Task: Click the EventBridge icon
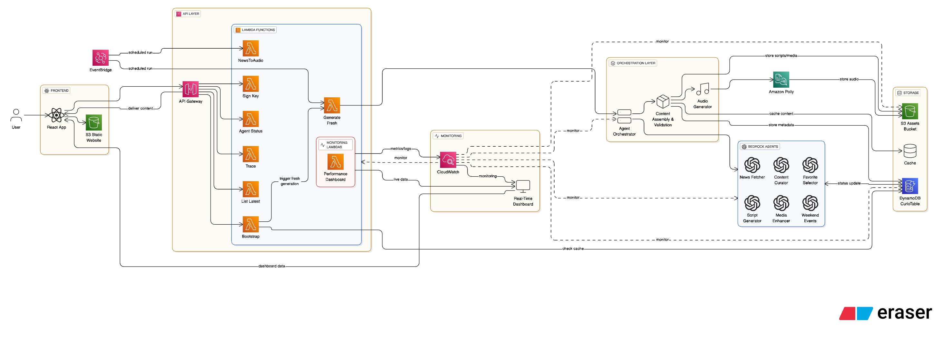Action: pyautogui.click(x=101, y=58)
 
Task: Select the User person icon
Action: pyautogui.click(x=16, y=115)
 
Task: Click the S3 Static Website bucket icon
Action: pyautogui.click(x=93, y=123)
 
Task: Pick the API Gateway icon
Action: pyautogui.click(x=191, y=89)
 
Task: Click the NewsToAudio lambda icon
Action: pyautogui.click(x=251, y=48)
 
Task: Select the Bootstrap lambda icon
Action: pyautogui.click(x=251, y=224)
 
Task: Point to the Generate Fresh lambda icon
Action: pyautogui.click(x=332, y=106)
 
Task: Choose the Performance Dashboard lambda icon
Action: pyautogui.click(x=335, y=162)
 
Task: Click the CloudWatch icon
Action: pyautogui.click(x=448, y=160)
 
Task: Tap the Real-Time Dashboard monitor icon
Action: pyautogui.click(x=523, y=186)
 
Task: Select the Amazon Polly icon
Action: pyautogui.click(x=781, y=80)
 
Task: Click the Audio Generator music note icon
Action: pyautogui.click(x=703, y=89)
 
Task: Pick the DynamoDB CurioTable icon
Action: pyautogui.click(x=910, y=186)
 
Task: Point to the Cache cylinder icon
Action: pyautogui.click(x=910, y=151)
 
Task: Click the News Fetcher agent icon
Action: pyautogui.click(x=752, y=165)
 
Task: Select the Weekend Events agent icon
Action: pyautogui.click(x=810, y=203)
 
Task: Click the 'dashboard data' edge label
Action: pyautogui.click(x=271, y=266)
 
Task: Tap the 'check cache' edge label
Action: pyautogui.click(x=573, y=248)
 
